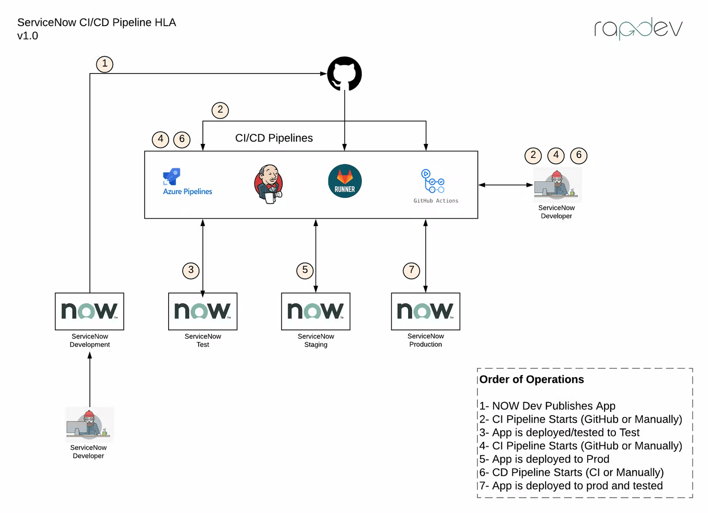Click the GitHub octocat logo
pyautogui.click(x=344, y=73)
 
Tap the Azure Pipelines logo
pyautogui.click(x=187, y=182)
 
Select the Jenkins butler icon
pyautogui.click(x=269, y=184)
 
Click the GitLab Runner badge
pyautogui.click(x=345, y=181)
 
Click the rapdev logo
pyautogui.click(x=638, y=28)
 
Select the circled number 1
pyautogui.click(x=105, y=64)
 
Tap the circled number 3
pyautogui.click(x=191, y=270)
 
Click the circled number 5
pyautogui.click(x=305, y=270)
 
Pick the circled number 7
pyautogui.click(x=412, y=270)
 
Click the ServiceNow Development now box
pyautogui.click(x=89, y=311)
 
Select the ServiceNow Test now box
pyautogui.click(x=203, y=311)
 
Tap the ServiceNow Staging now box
pyautogui.click(x=316, y=311)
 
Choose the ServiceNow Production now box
pyautogui.click(x=425, y=311)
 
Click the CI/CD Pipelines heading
pyautogui.click(x=274, y=138)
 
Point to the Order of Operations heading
pyautogui.click(x=531, y=379)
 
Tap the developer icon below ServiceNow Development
pyautogui.click(x=89, y=424)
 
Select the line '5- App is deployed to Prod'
pyautogui.click(x=544, y=459)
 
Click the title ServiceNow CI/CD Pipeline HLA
pyautogui.click(x=96, y=23)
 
